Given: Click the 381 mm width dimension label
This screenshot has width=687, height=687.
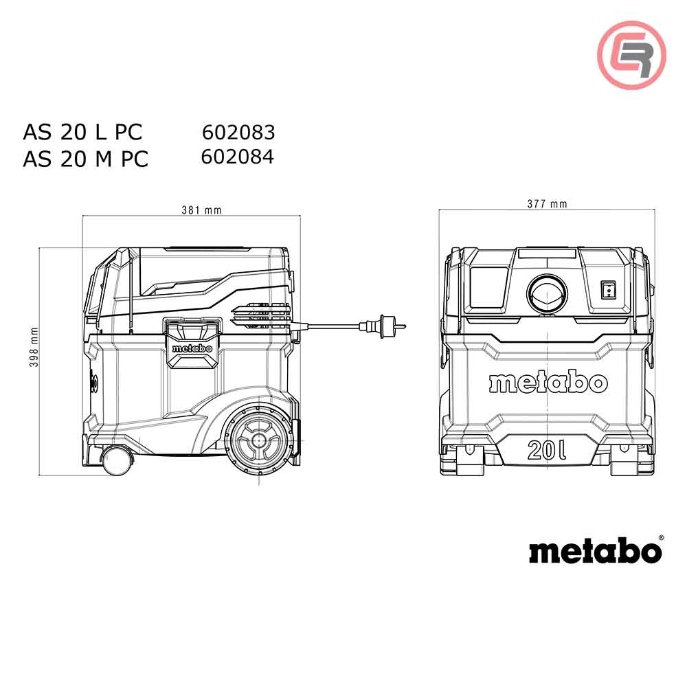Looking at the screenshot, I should click(x=201, y=210).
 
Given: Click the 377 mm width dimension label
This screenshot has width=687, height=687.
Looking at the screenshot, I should click(x=547, y=203).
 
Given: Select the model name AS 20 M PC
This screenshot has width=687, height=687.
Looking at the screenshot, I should click(x=85, y=159).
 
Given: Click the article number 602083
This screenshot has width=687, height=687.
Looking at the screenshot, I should click(x=238, y=132).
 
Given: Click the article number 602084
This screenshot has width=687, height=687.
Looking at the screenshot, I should click(x=238, y=157).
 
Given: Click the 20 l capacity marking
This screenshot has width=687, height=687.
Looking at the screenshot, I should click(x=548, y=451).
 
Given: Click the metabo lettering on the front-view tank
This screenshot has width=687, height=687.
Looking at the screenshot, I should click(x=548, y=382).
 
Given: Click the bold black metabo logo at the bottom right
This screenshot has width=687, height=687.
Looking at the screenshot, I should click(x=594, y=551).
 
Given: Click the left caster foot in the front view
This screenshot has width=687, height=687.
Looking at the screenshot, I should click(x=469, y=461).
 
